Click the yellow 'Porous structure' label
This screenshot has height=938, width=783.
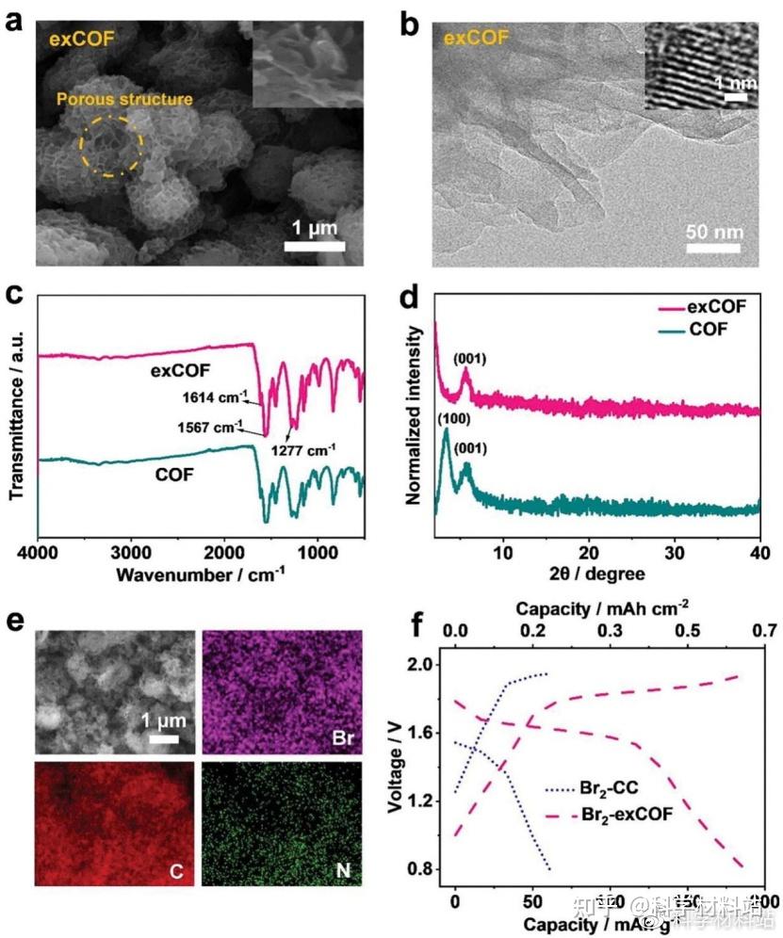point(125,99)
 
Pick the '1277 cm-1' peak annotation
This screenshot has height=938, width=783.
point(303,448)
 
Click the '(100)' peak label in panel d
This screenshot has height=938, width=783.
point(447,416)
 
